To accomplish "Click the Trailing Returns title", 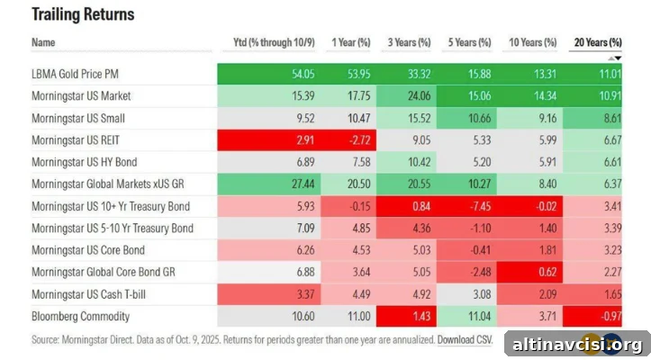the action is tap(83, 14).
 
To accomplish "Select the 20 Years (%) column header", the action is tap(598, 42).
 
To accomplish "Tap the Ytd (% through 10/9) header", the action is tap(274, 42).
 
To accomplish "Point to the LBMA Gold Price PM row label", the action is tap(75, 74).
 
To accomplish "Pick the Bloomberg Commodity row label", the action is tap(80, 317).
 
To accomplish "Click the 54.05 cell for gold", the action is tap(303, 74).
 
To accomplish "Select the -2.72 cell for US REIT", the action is tap(358, 139).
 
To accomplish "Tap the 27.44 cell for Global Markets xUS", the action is tap(303, 184).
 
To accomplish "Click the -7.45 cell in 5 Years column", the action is tap(480, 206).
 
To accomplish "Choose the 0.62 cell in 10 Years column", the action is tap(547, 272).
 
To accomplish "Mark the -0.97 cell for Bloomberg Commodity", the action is tap(611, 317).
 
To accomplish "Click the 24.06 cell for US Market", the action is tap(419, 96).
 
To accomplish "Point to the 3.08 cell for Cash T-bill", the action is tap(482, 294).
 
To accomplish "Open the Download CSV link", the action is tap(465, 339).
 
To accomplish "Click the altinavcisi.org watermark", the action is tap(577, 345).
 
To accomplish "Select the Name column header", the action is tap(43, 42).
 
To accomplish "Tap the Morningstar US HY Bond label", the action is tap(85, 162).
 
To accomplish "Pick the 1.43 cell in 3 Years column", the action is tap(421, 317).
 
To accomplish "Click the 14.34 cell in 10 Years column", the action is tap(545, 96).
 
